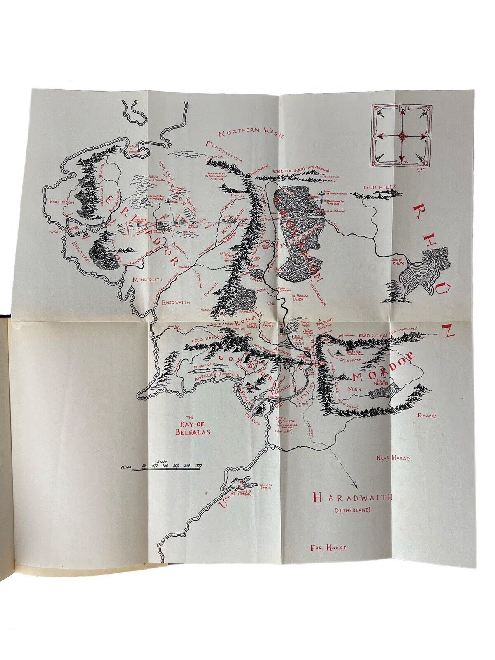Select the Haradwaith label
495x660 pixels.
pyautogui.click(x=352, y=497)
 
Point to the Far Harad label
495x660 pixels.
pyautogui.click(x=328, y=548)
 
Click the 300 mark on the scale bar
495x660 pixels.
pyautogui.click(x=198, y=466)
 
